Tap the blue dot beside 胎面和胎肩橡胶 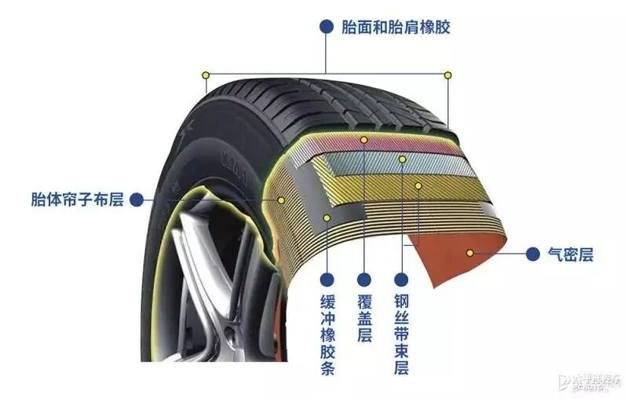325,27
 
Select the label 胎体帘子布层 77,199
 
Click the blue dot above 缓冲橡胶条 327,278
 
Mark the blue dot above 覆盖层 364,278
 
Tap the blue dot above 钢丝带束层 400,278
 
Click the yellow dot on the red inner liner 470,253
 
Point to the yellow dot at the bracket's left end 206,75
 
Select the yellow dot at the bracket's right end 448,75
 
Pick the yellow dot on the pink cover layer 364,139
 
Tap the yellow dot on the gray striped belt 403,159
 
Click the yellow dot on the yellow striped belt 418,186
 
